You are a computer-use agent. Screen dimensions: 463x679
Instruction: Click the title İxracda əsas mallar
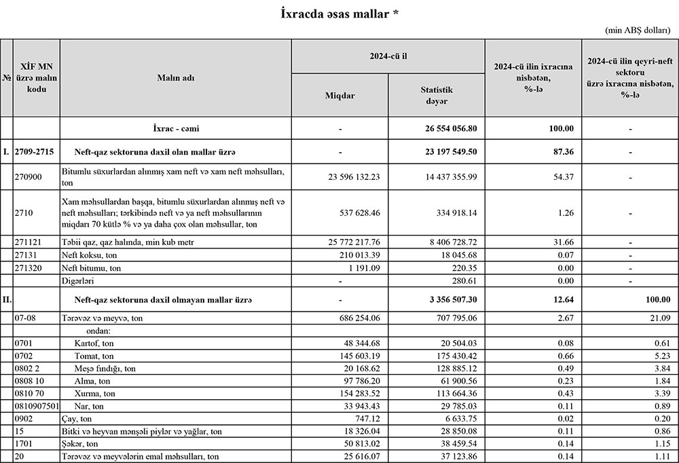coord(339,14)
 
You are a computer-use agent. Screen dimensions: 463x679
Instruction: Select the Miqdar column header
coord(339,96)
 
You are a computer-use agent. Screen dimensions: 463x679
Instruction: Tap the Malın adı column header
coord(176,78)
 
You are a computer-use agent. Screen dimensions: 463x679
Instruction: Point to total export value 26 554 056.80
coord(450,128)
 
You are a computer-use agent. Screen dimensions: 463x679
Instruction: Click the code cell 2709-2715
coord(35,151)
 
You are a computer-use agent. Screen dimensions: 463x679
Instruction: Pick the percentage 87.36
coord(563,151)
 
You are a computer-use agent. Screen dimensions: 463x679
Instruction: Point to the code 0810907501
coord(37,406)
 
